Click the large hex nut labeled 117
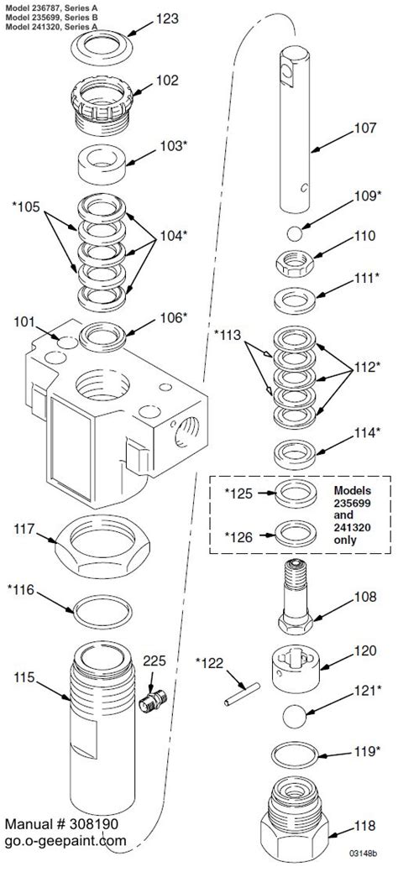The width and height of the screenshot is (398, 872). (103, 553)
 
